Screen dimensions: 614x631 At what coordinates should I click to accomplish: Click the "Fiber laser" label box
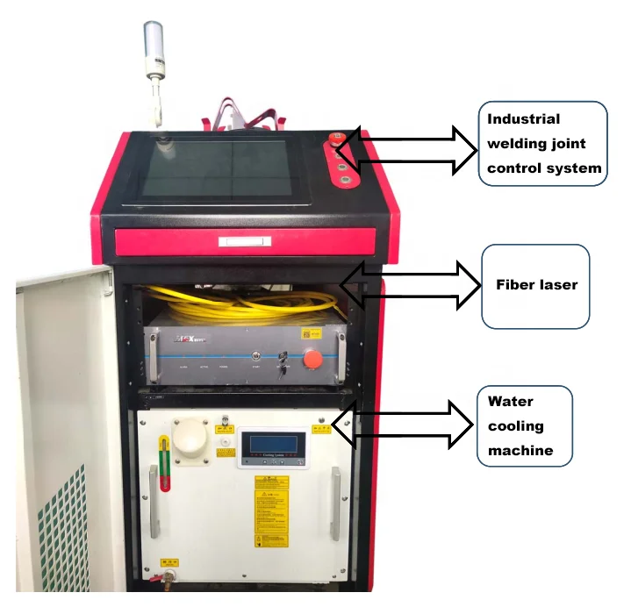(x=535, y=286)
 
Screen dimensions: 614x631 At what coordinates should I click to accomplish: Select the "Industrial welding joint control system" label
(x=543, y=143)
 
